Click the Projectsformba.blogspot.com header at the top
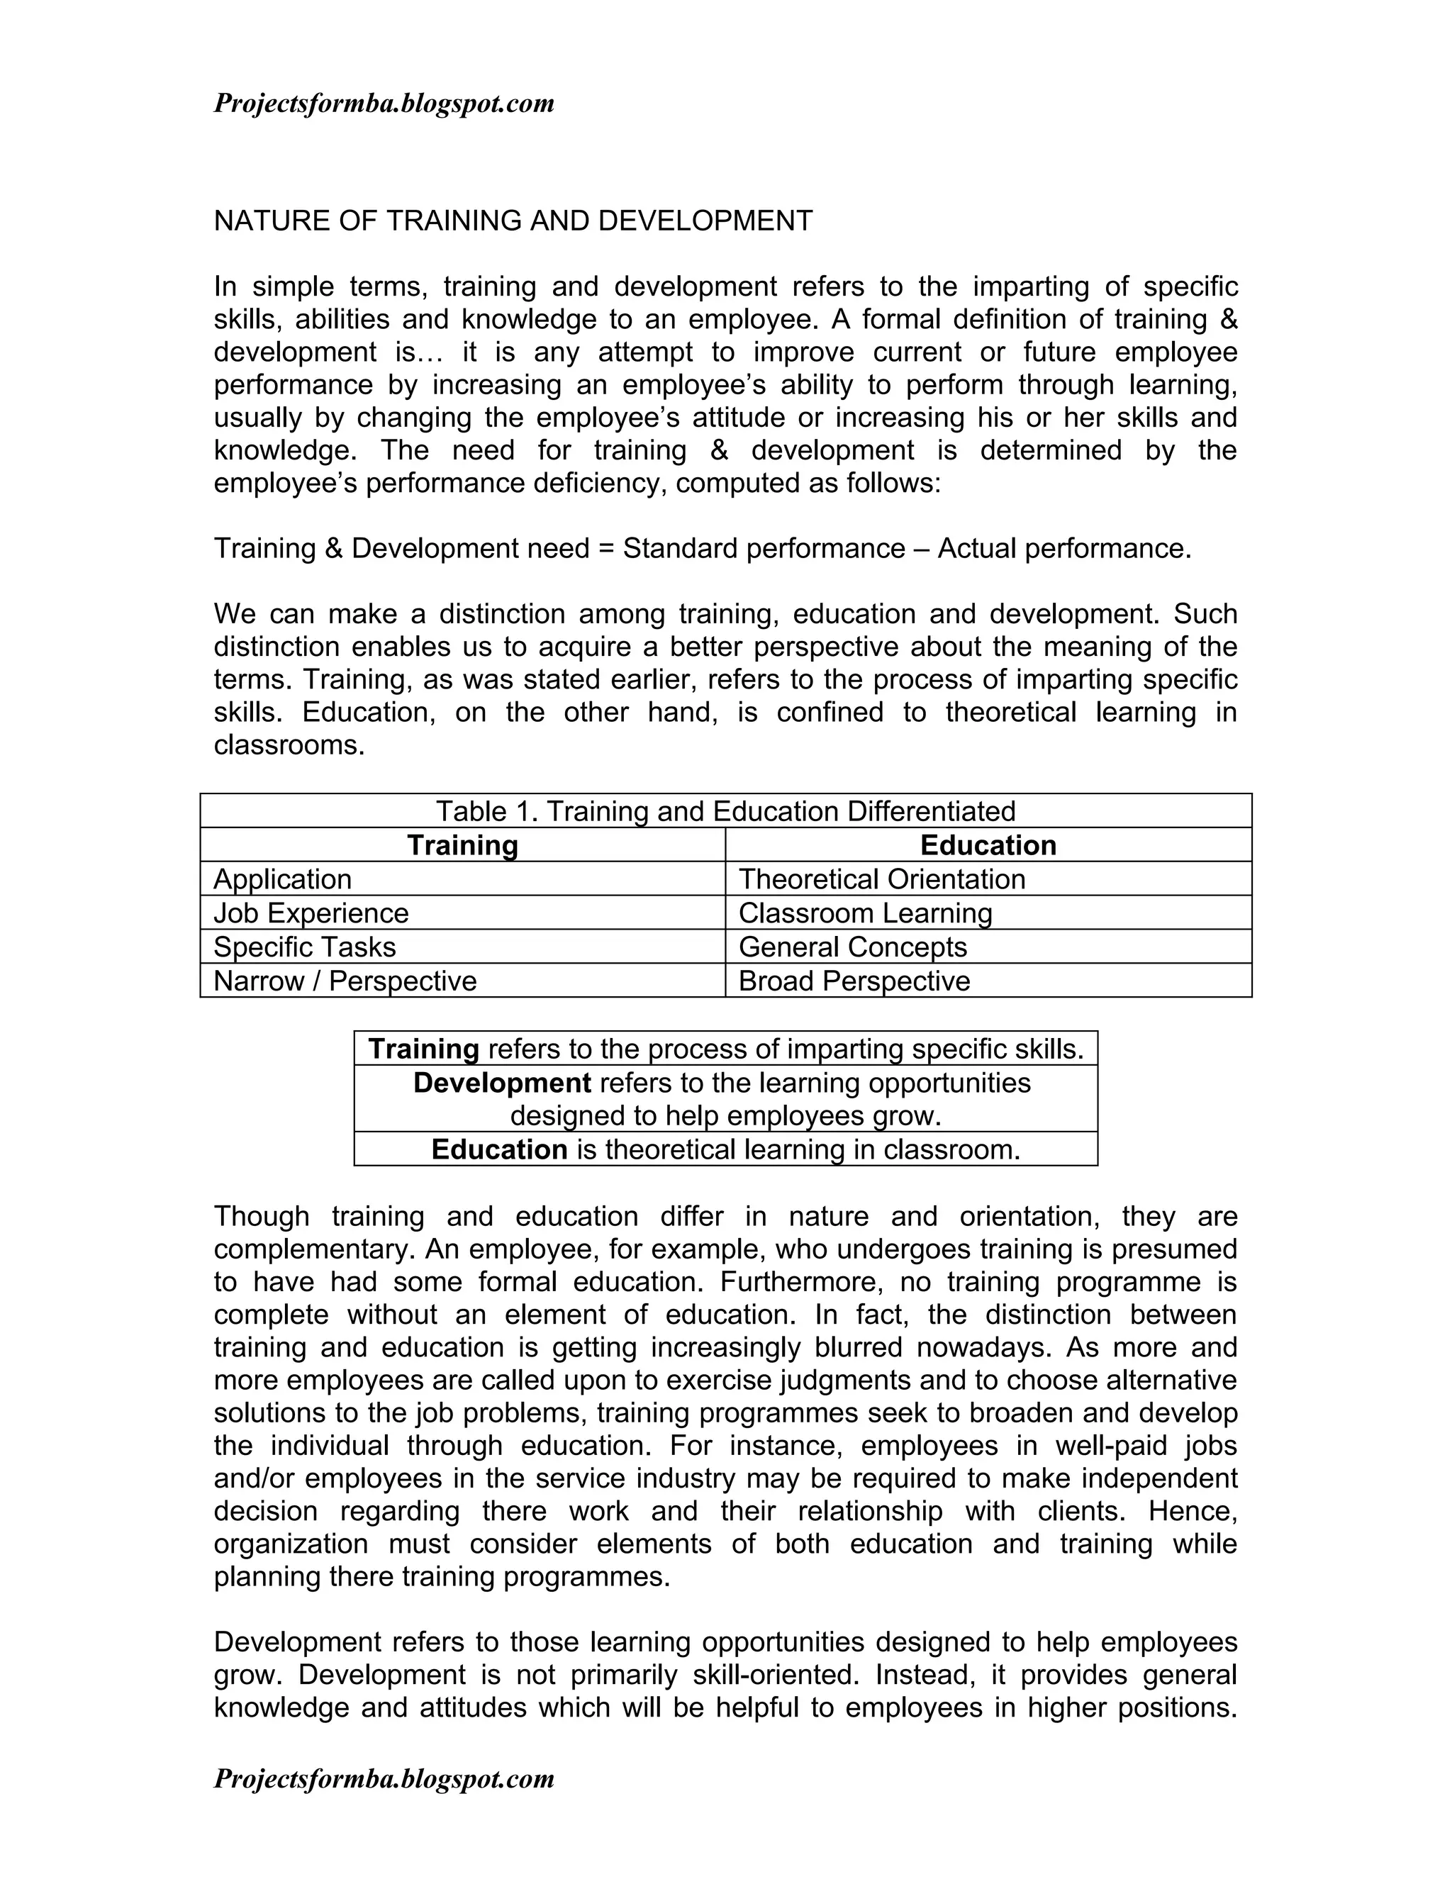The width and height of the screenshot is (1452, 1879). [x=384, y=104]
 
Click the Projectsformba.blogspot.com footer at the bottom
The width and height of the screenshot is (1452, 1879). [x=384, y=1778]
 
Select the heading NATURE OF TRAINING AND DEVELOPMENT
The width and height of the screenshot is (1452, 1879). [x=513, y=221]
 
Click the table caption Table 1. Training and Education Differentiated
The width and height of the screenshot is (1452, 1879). [x=725, y=811]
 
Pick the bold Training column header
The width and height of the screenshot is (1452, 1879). [x=462, y=845]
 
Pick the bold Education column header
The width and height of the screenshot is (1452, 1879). [x=988, y=845]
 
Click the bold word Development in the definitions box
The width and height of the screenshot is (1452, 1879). [x=501, y=1082]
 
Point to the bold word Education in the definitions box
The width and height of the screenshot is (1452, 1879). [x=499, y=1149]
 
